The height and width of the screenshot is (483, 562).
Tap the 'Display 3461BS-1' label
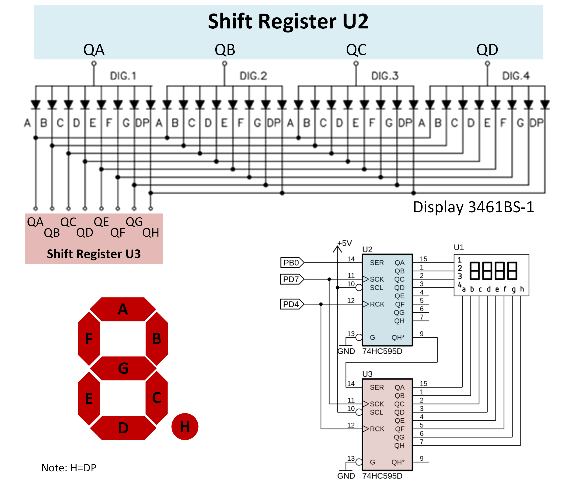tap(473, 207)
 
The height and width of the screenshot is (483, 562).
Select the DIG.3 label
tap(385, 76)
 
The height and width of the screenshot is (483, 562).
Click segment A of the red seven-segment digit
tap(123, 309)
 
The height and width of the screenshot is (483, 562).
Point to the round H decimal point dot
tap(185, 426)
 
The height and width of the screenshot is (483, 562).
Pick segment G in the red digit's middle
tap(123, 368)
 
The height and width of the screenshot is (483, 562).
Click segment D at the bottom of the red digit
tap(123, 428)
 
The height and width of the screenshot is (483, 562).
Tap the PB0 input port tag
tap(291, 263)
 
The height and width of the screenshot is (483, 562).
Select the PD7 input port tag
tap(291, 279)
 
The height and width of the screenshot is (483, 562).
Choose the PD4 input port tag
tap(291, 304)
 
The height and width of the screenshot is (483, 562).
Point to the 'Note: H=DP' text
tap(69, 468)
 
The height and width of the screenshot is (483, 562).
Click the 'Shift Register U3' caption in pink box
tap(94, 254)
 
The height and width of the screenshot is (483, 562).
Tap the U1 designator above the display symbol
tap(459, 247)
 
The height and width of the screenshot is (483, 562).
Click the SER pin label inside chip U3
tap(377, 387)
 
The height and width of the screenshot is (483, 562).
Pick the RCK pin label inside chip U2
tap(377, 304)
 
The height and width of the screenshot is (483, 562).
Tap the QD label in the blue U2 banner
tap(487, 50)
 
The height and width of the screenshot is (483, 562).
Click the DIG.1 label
tap(123, 76)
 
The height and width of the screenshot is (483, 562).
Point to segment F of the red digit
tap(89, 339)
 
